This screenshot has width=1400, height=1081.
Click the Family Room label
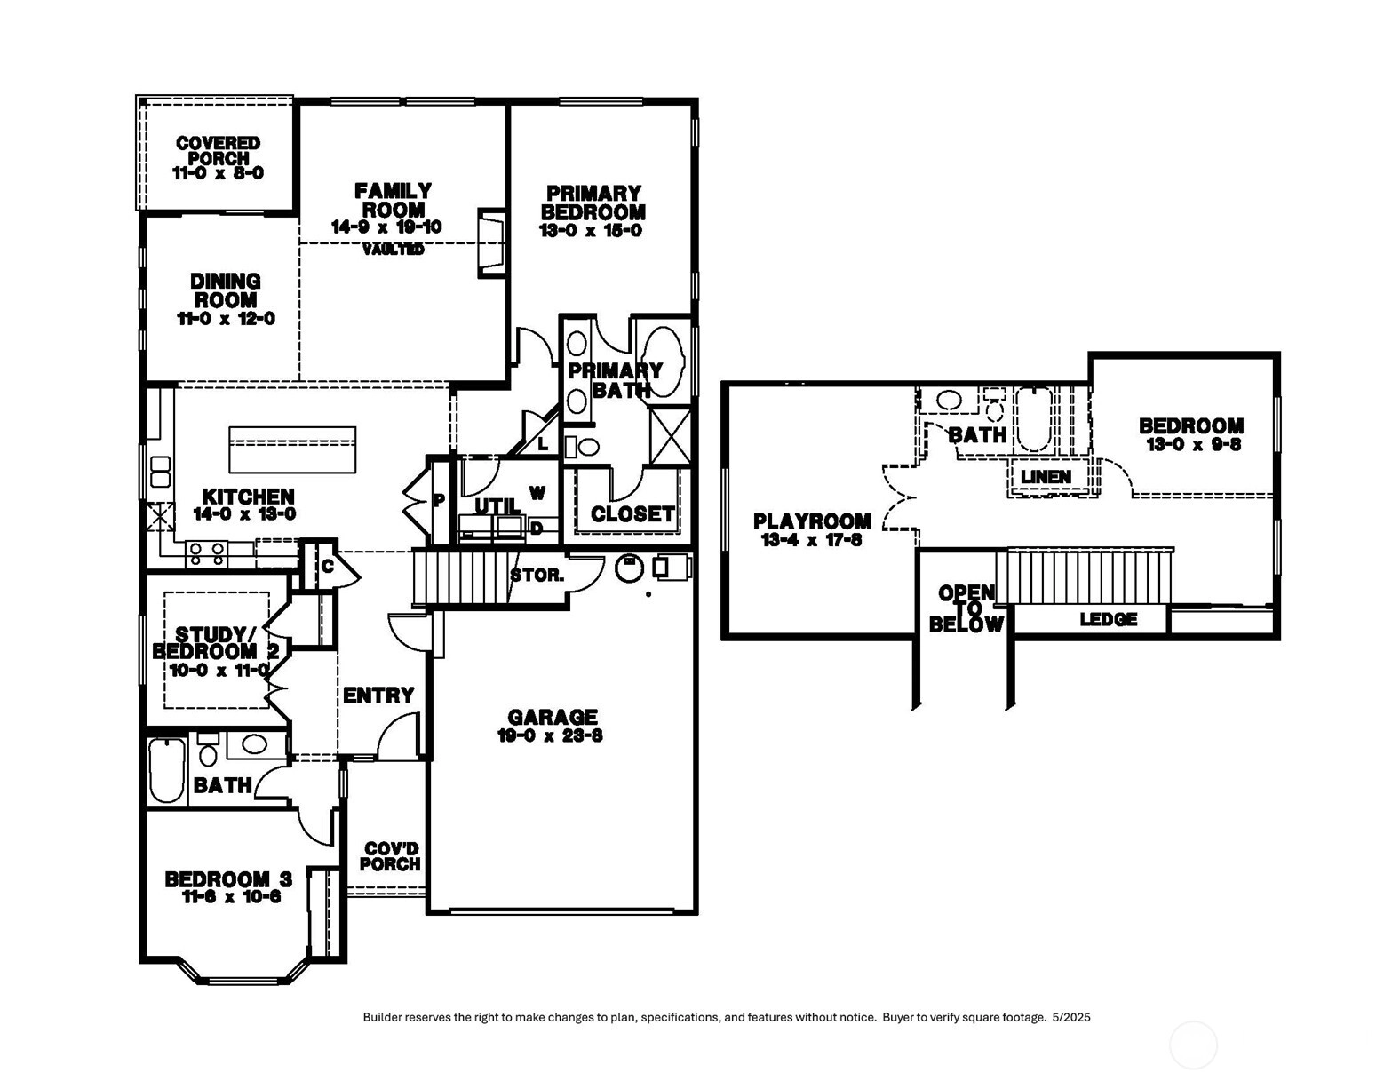pyautogui.click(x=393, y=200)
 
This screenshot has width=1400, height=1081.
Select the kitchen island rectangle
pyautogui.click(x=292, y=449)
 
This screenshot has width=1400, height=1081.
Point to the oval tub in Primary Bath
pyautogui.click(x=662, y=360)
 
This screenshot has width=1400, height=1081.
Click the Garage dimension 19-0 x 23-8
pyautogui.click(x=551, y=735)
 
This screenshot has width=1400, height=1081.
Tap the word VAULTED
pyautogui.click(x=393, y=250)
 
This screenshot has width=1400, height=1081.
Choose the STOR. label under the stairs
pyautogui.click(x=537, y=576)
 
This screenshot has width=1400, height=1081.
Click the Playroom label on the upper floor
pyautogui.click(x=812, y=521)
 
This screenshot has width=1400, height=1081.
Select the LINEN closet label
pyautogui.click(x=1046, y=477)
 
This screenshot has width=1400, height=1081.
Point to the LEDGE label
pyautogui.click(x=1108, y=619)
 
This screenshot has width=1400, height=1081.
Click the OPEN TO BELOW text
pyautogui.click(x=966, y=608)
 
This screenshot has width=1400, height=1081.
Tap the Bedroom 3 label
pyautogui.click(x=228, y=879)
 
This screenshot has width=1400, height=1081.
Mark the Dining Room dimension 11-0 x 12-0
pyautogui.click(x=227, y=319)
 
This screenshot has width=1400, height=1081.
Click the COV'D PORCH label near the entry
pyautogui.click(x=390, y=856)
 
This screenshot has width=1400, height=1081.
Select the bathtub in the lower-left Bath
pyautogui.click(x=166, y=770)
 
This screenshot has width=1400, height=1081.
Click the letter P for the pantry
pyautogui.click(x=439, y=501)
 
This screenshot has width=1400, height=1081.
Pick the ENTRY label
pyautogui.click(x=378, y=695)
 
